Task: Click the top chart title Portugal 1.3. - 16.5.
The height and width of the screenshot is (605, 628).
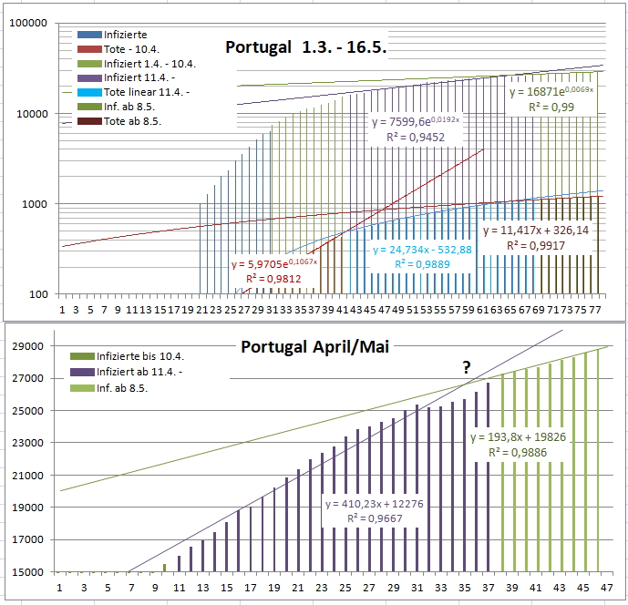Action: (306, 48)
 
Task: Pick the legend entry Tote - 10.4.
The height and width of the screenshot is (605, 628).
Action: (124, 49)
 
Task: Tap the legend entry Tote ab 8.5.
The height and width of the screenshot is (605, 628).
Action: (123, 121)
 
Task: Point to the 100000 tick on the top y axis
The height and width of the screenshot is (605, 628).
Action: (27, 24)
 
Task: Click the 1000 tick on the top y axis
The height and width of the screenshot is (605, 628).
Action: (35, 204)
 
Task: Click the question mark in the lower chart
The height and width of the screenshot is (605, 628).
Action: (467, 367)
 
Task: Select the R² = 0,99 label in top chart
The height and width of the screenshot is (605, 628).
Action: (550, 107)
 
